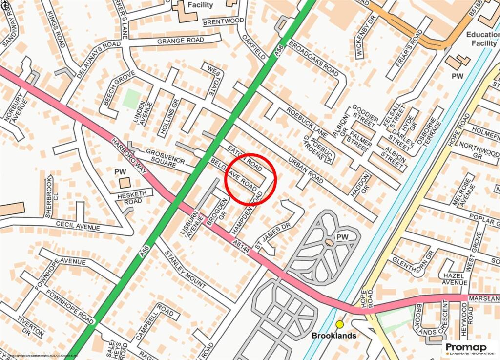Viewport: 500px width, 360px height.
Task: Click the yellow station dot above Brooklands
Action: click(340, 324)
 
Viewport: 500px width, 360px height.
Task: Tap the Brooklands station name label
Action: click(334, 336)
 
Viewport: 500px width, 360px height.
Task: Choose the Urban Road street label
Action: click(306, 171)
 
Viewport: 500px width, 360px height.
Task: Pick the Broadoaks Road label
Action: click(313, 59)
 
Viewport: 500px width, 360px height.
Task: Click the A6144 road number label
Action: click(242, 243)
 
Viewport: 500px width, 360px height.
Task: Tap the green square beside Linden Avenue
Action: click(131, 99)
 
